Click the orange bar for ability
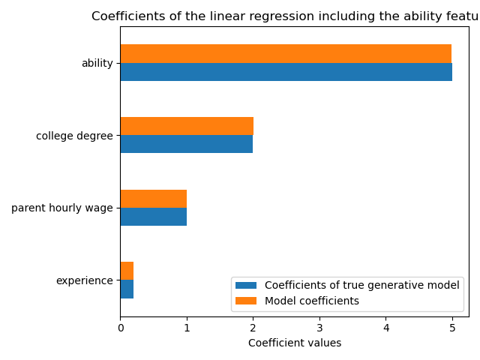(286, 54)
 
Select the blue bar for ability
(286, 72)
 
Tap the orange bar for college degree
(187, 126)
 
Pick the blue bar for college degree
(186, 144)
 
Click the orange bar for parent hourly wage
(153, 199)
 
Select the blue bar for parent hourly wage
(153, 217)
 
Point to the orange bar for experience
(127, 271)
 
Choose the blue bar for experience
(127, 289)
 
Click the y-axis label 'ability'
(97, 64)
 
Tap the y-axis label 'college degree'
(74, 136)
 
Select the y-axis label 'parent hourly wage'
(61, 208)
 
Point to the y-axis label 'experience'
(84, 280)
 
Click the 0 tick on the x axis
(120, 327)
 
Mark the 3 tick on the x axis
(319, 327)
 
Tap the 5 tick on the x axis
(452, 327)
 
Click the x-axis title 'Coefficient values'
(294, 343)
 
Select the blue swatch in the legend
(246, 285)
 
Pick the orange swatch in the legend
(246, 301)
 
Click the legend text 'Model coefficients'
(311, 301)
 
